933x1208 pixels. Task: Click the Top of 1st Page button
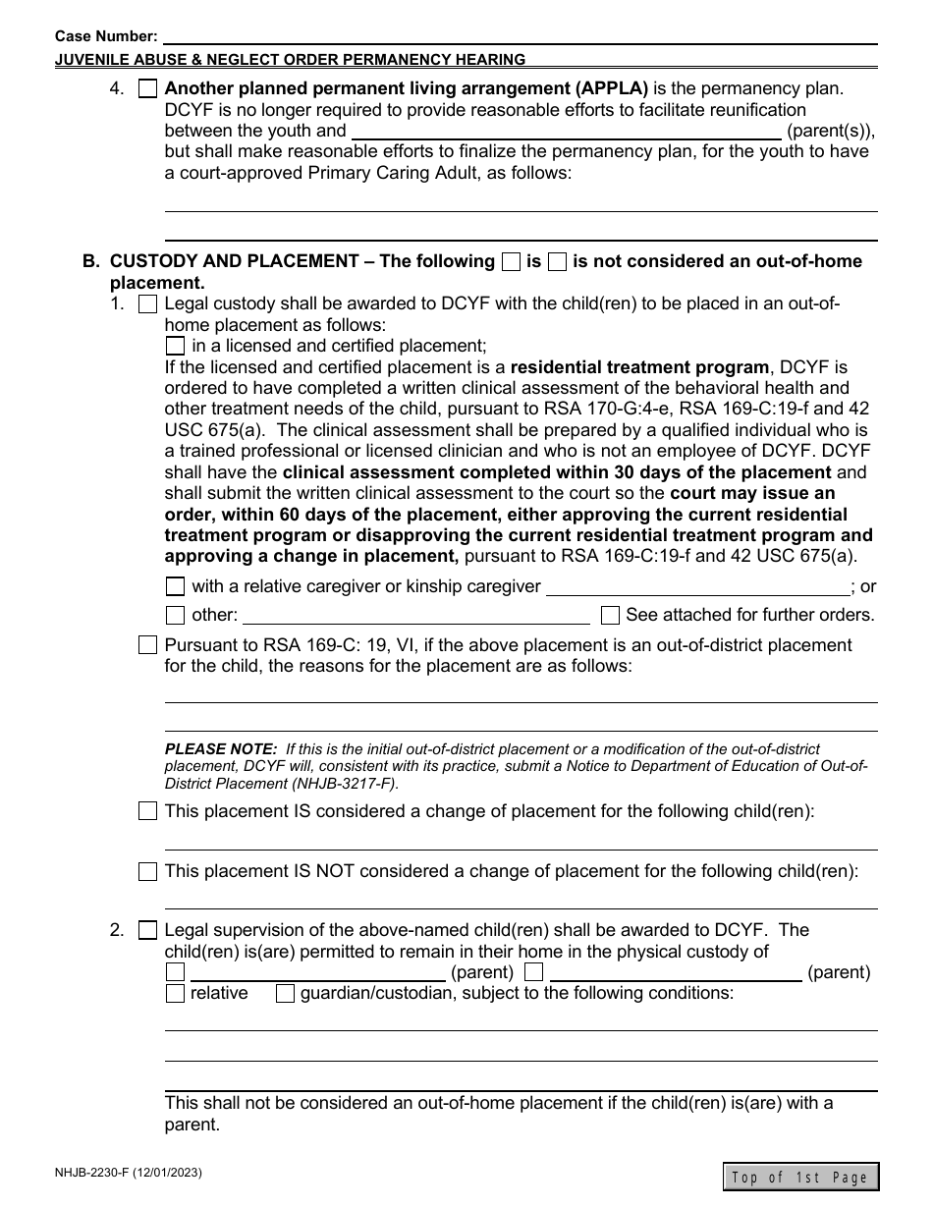click(800, 1177)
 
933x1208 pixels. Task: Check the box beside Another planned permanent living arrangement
click(147, 88)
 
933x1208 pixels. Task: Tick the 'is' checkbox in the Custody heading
click(511, 262)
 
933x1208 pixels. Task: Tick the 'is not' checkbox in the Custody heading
click(557, 262)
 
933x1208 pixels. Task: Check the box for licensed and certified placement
click(175, 346)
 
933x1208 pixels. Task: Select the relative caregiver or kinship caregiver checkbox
click(175, 587)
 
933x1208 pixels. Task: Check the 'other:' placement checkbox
click(175, 616)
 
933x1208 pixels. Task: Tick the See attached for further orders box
click(610, 616)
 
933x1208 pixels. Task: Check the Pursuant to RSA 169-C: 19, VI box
click(147, 646)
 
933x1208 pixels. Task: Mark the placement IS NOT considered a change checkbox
click(147, 872)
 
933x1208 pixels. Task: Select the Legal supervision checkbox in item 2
click(147, 930)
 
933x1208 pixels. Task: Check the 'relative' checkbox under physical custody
click(175, 994)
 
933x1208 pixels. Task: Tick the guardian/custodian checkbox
click(285, 994)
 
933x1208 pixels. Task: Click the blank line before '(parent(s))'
click(566, 134)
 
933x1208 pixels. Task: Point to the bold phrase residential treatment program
click(639, 367)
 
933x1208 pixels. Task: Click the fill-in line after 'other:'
click(415, 618)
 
